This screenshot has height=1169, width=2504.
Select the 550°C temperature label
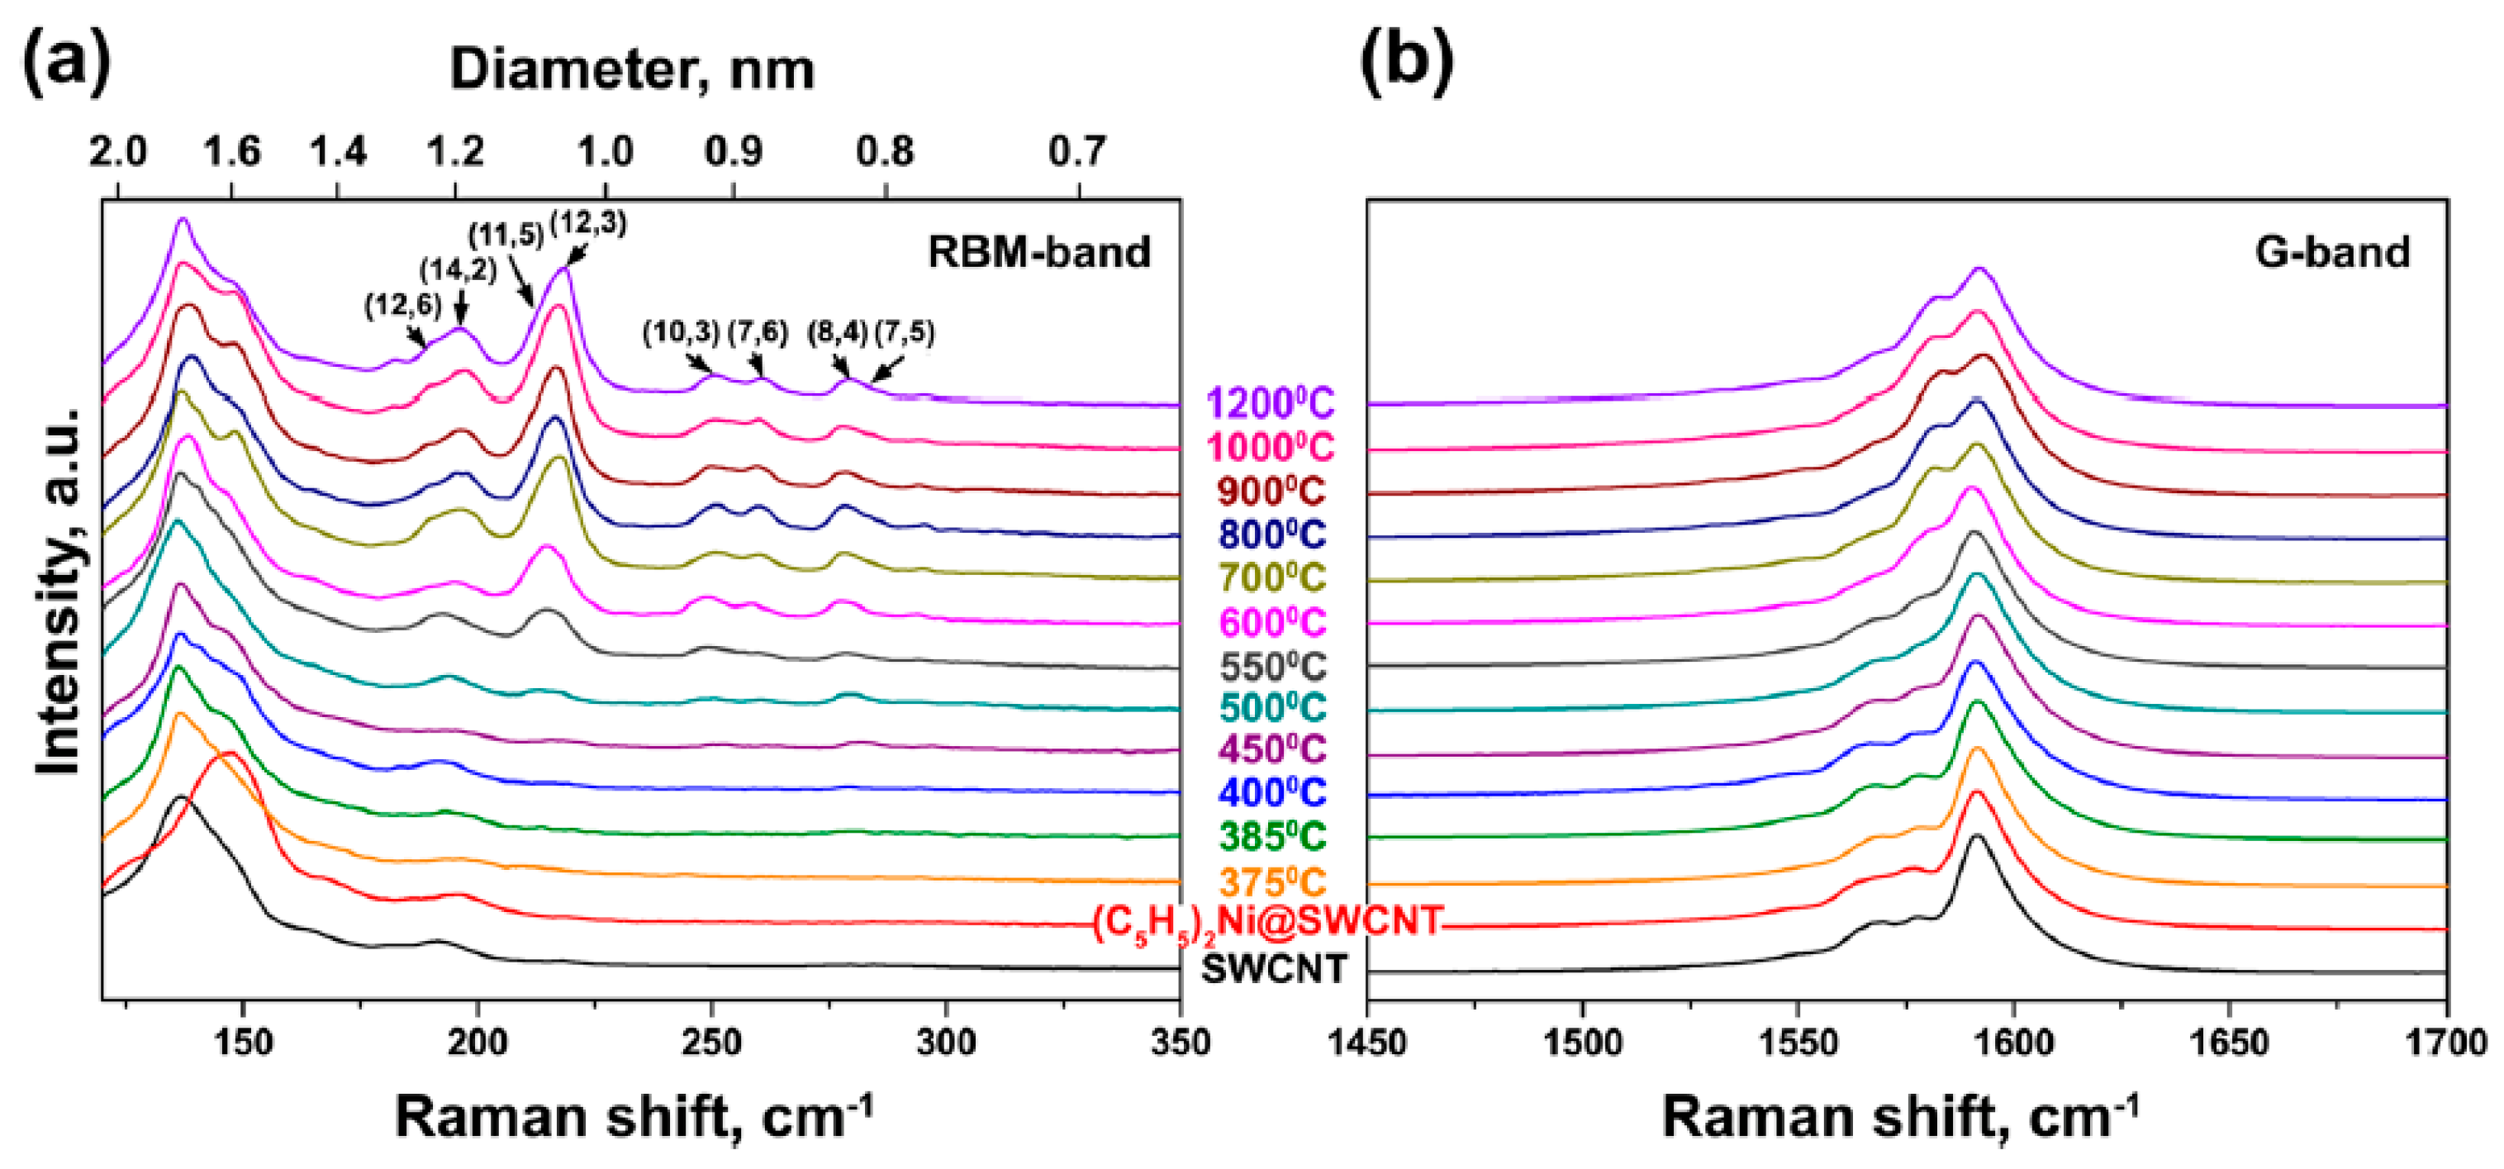(x=1272, y=667)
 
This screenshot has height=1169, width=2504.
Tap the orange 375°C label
(x=1272, y=882)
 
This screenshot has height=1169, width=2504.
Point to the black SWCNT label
(x=1275, y=968)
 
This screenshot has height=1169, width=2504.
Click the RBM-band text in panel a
(x=1038, y=252)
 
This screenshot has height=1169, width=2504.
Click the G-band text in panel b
(x=2332, y=252)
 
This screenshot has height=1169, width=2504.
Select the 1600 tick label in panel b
(x=2012, y=1043)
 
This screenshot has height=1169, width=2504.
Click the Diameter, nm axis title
(x=632, y=70)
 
